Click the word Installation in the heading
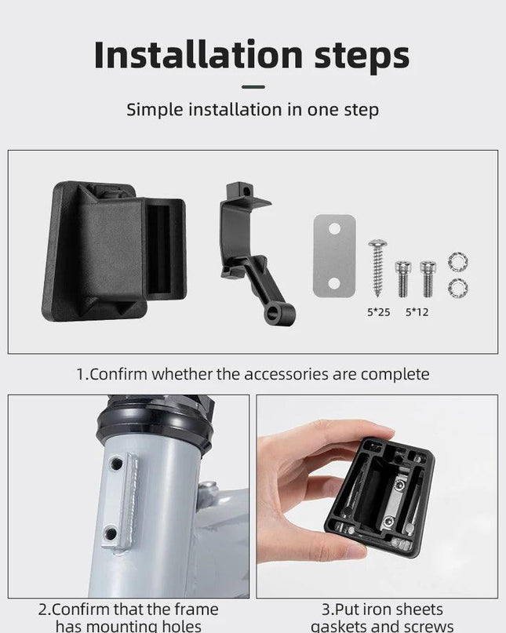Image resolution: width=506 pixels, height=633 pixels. coord(198,54)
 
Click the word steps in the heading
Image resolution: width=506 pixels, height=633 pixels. coord(362,56)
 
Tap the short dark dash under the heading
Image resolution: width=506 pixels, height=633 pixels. coord(253,86)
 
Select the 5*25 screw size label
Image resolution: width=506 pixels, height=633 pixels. coord(378,312)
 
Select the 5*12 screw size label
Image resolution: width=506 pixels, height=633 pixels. coord(417,312)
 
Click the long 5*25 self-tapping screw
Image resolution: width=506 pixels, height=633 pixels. coord(377,268)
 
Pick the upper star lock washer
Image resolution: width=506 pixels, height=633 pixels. coord(458,261)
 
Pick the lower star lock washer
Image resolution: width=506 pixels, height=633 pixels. coord(458,288)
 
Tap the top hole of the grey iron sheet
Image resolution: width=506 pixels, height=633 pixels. coord(334,229)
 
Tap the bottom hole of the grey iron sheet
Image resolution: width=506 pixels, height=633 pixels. coord(334,283)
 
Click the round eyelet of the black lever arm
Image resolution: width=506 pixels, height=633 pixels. coord(273,312)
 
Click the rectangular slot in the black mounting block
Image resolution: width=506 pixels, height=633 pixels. coord(158,249)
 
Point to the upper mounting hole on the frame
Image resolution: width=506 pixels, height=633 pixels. coord(116,464)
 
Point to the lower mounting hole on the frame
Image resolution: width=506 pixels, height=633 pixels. coord(111,533)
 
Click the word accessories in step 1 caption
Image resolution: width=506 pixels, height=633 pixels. coord(286,374)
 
